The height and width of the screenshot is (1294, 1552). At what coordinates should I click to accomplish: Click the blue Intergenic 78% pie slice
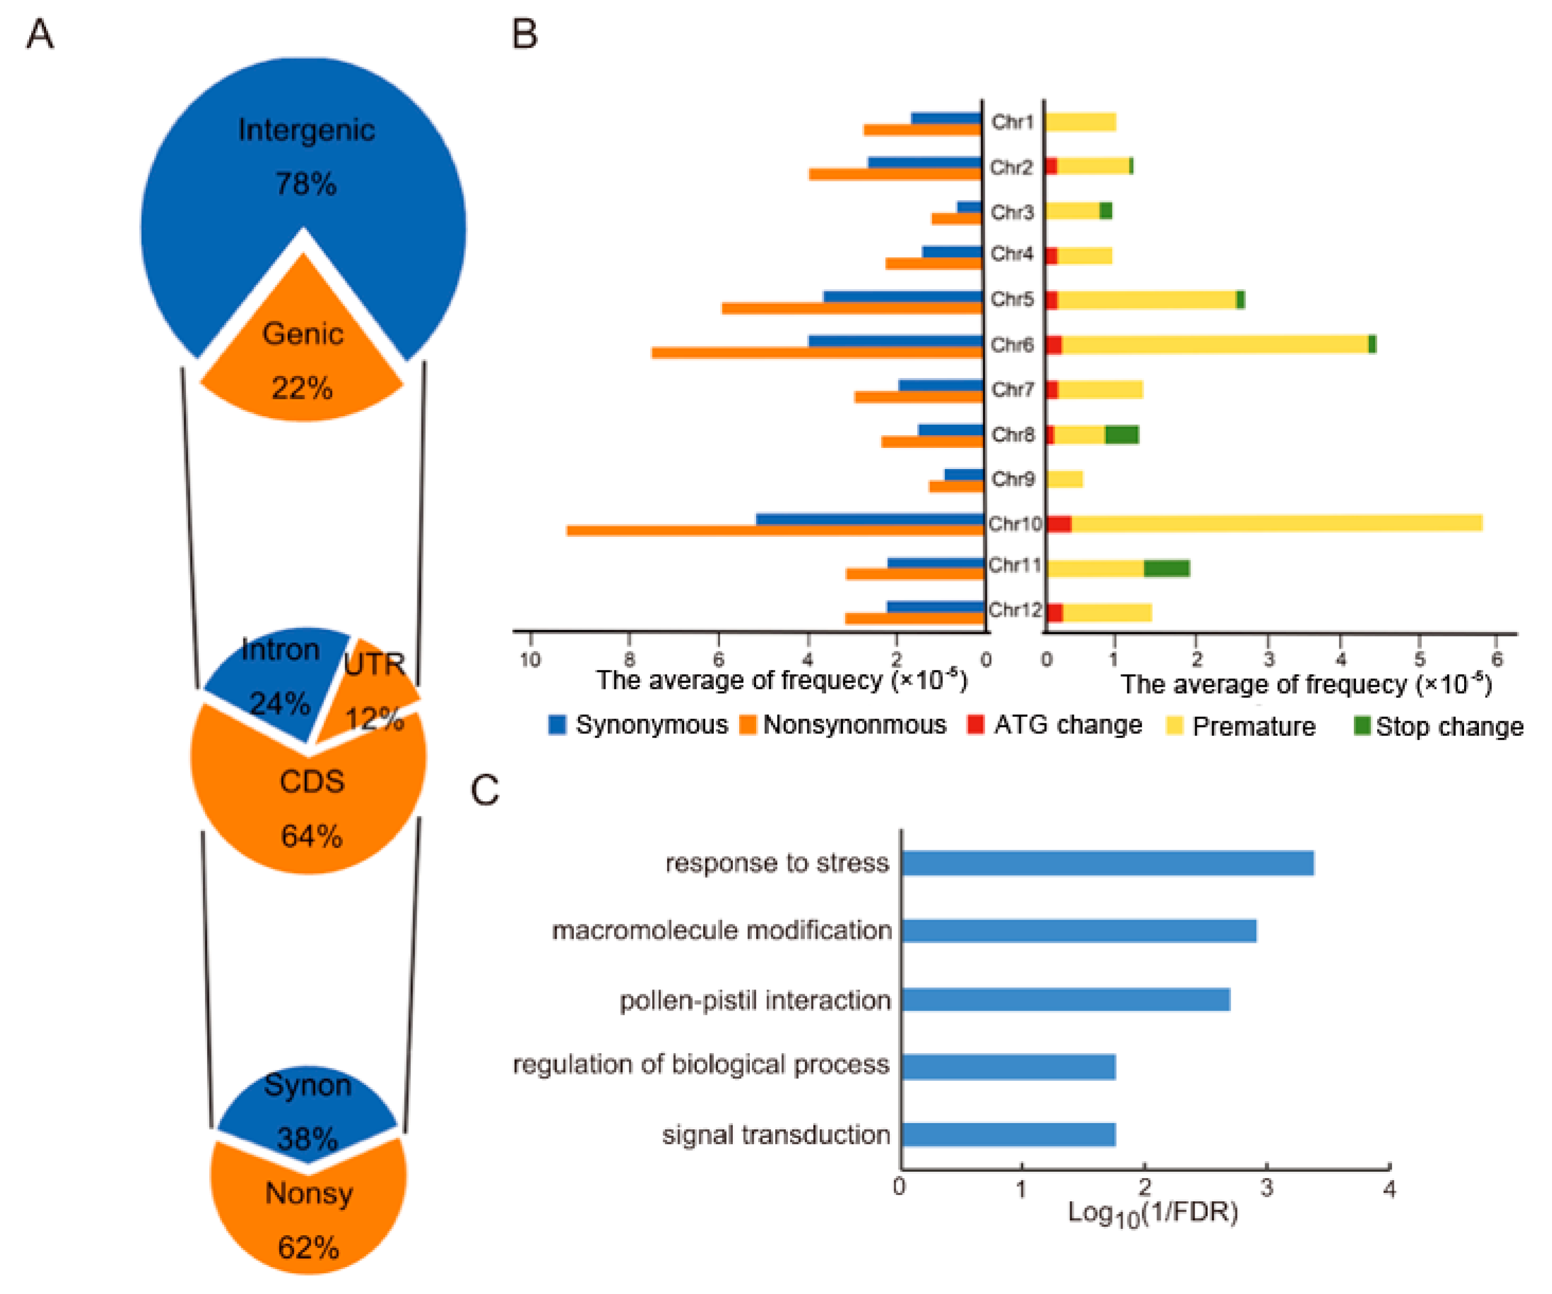[222, 185]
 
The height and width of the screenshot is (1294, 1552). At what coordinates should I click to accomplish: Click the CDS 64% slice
[310, 805]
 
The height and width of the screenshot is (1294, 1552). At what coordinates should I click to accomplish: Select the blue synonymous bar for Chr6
[895, 340]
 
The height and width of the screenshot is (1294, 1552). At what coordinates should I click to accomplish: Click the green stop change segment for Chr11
[1166, 568]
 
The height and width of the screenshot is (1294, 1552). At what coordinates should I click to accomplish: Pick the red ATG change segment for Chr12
[1055, 613]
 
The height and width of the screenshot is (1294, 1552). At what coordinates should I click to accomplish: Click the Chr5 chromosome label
[1012, 299]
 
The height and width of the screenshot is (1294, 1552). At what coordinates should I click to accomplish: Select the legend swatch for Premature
[1174, 725]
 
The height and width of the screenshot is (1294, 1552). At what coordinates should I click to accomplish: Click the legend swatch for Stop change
[1361, 725]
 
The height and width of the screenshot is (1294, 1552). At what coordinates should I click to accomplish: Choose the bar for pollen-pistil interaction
[1065, 1000]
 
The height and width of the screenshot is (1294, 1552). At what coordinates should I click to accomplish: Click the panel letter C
[485, 790]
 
